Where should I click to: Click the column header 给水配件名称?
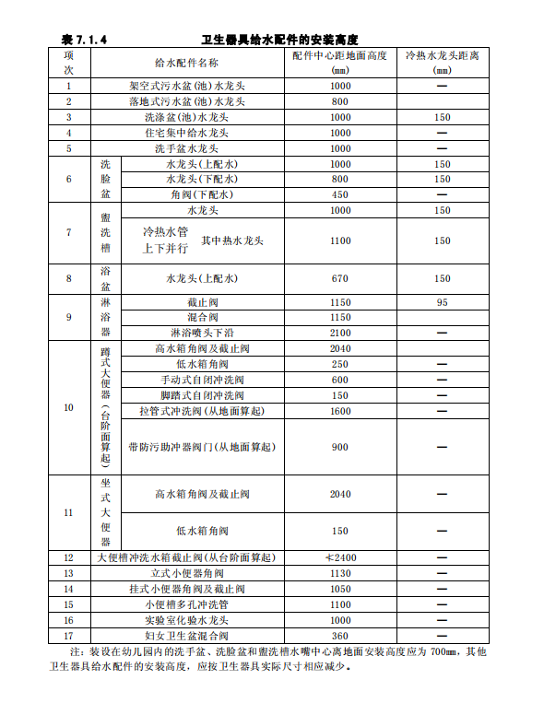tap(186, 63)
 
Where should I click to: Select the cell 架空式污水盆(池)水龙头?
tap(186, 86)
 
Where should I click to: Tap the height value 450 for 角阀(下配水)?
tap(339, 194)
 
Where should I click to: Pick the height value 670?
tap(339, 278)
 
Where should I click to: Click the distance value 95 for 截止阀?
tap(442, 302)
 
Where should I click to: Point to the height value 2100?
tap(339, 333)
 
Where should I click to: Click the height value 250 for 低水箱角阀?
tap(339, 364)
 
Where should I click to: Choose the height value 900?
tap(339, 447)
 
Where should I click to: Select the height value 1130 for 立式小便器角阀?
tap(339, 574)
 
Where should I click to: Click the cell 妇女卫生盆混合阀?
tap(186, 636)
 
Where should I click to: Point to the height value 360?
tap(339, 636)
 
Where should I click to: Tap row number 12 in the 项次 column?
tap(68, 558)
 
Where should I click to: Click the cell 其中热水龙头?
tap(232, 240)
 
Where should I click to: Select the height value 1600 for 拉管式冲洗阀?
tap(339, 411)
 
